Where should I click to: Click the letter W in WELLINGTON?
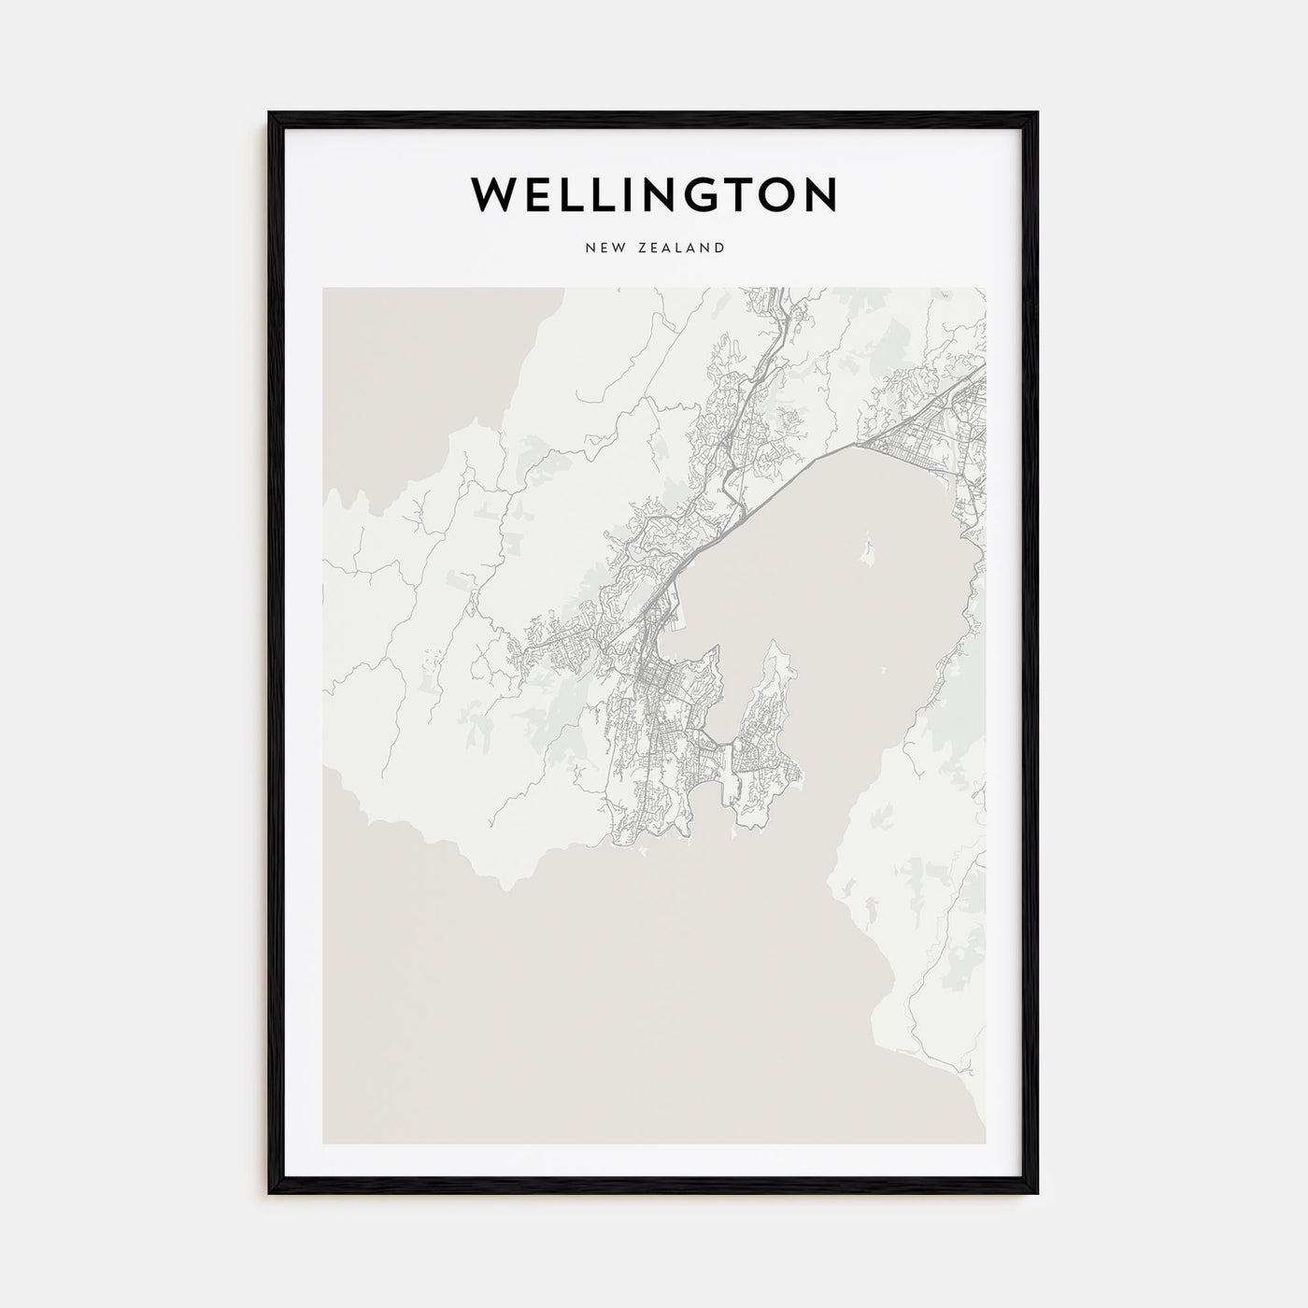[494, 193]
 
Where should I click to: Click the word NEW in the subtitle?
[601, 248]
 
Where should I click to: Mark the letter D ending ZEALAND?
[719, 248]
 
